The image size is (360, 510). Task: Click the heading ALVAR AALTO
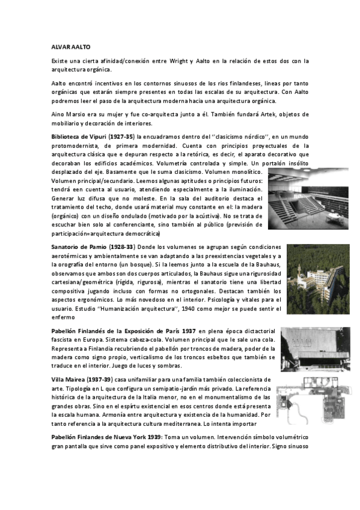coord(70,45)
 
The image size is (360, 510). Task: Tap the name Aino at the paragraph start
coord(58,114)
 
